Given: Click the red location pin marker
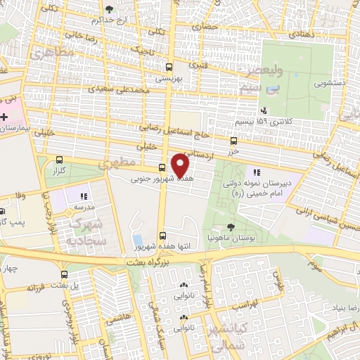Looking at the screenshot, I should click(181, 164).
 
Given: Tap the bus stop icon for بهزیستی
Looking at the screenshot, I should click(168, 67).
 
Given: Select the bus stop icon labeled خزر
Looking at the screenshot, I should click(233, 141).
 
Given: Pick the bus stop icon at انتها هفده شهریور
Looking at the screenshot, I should click(163, 236).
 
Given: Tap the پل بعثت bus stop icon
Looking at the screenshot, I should click(65, 274).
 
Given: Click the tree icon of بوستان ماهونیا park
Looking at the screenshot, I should click(231, 226).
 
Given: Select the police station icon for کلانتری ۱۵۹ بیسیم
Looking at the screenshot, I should click(263, 110).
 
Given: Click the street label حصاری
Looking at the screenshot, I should click(210, 27).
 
